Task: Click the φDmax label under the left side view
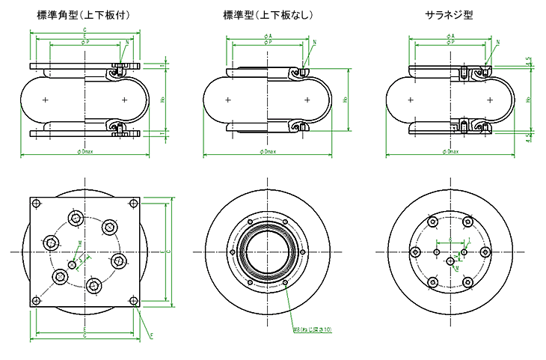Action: pyautogui.click(x=85, y=152)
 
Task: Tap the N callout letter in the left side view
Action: pyautogui.click(x=128, y=43)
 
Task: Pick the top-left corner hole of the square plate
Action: pyautogui.click(x=35, y=202)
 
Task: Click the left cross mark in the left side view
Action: pyautogui.click(x=46, y=100)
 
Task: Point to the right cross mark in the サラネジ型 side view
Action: pyautogui.click(x=489, y=100)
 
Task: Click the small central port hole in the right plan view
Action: pyautogui.click(x=450, y=260)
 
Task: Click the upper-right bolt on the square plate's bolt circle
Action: pyautogui.click(x=110, y=227)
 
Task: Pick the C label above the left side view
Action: pyautogui.click(x=85, y=29)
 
